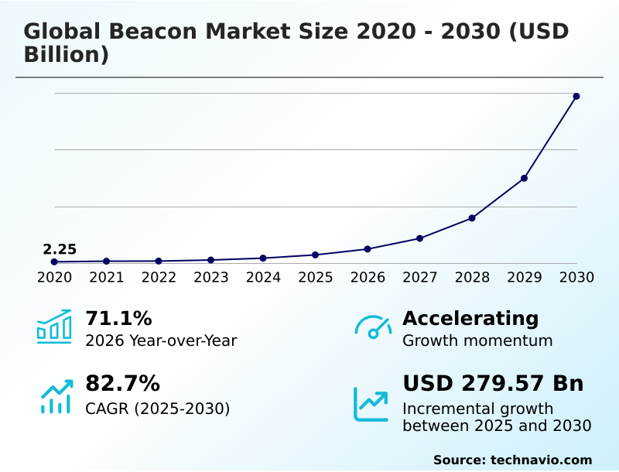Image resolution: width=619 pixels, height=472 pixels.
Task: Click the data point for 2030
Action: point(576,96)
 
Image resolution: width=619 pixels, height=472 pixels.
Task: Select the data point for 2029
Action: point(524,178)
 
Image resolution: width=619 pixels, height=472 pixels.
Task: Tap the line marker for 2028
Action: point(472,218)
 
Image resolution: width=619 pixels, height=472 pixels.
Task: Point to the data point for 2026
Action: point(368,249)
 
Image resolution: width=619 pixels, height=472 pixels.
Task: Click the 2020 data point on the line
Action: point(54,262)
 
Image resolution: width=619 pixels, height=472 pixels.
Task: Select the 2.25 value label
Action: point(60,249)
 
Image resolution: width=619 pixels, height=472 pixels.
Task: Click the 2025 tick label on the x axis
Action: point(315,277)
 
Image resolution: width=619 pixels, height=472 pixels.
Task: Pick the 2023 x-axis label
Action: point(210,277)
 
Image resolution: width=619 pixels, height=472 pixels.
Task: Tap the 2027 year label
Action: point(419,277)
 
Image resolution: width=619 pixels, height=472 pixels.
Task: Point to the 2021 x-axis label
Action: point(106,277)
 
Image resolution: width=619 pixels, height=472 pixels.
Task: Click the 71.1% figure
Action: point(118,318)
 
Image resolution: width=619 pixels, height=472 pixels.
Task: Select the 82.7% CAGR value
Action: point(122,383)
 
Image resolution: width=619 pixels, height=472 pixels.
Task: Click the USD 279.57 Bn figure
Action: point(493,383)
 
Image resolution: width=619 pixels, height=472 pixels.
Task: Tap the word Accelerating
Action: point(470,318)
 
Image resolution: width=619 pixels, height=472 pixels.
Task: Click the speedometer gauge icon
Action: point(373,327)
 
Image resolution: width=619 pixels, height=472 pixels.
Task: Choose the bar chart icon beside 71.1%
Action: point(54,327)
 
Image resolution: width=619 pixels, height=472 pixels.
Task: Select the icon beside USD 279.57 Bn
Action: point(371,404)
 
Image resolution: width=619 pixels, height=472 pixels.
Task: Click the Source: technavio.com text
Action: point(512,460)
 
